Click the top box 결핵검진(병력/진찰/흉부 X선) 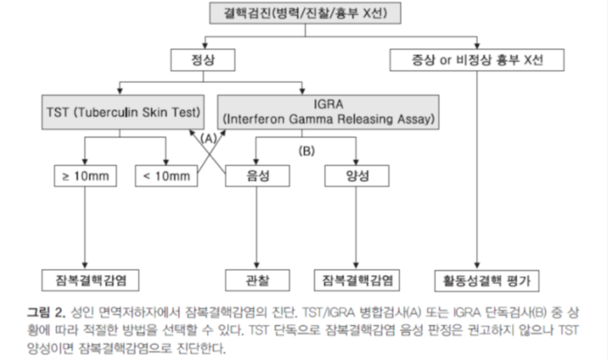click(x=305, y=13)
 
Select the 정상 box click(x=203, y=60)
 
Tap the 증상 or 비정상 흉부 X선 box click(x=477, y=60)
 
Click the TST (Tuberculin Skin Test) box click(x=123, y=112)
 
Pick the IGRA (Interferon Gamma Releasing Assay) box click(x=328, y=112)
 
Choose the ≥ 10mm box click(x=85, y=176)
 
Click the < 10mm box click(x=166, y=176)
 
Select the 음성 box click(x=257, y=176)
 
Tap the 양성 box click(x=357, y=176)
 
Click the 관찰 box click(x=257, y=280)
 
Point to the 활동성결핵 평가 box click(x=487, y=281)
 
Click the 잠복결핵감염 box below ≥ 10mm click(x=90, y=280)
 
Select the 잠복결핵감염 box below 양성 click(x=357, y=280)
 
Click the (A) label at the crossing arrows click(x=209, y=139)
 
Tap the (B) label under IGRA click(x=307, y=151)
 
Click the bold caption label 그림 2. click(x=46, y=312)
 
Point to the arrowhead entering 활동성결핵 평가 click(x=477, y=266)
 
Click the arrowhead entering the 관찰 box click(x=256, y=266)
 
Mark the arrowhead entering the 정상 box click(x=205, y=45)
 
